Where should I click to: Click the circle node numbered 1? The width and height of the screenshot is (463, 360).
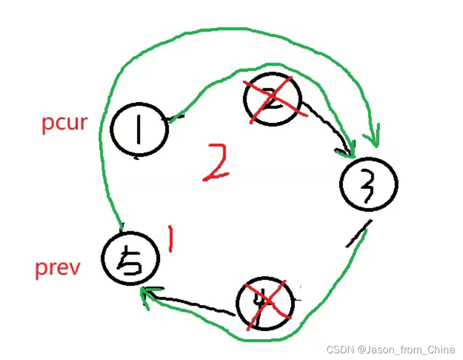tap(139, 129)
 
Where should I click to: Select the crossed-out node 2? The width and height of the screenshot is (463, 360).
tap(272, 99)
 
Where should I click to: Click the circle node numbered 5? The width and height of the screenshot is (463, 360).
tap(131, 258)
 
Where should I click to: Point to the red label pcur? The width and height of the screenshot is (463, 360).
tap(64, 122)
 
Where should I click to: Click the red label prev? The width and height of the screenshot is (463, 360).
tap(58, 268)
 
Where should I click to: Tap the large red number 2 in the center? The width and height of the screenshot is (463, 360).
tap(216, 162)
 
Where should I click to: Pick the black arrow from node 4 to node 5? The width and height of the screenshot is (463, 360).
tap(189, 303)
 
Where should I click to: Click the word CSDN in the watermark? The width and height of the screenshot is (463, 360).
tap(340, 349)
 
